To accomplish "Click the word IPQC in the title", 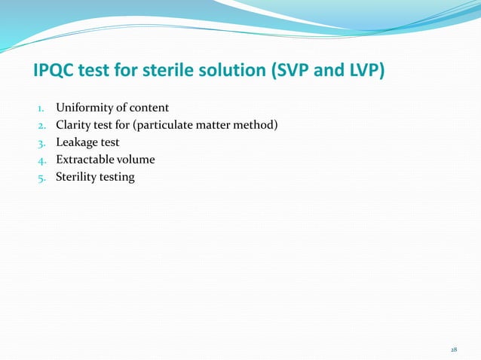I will click(56, 72).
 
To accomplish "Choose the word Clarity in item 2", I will click(75, 125).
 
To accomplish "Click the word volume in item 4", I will click(139, 160).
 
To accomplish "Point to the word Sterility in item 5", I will click(78, 177).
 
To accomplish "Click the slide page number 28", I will click(453, 349).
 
